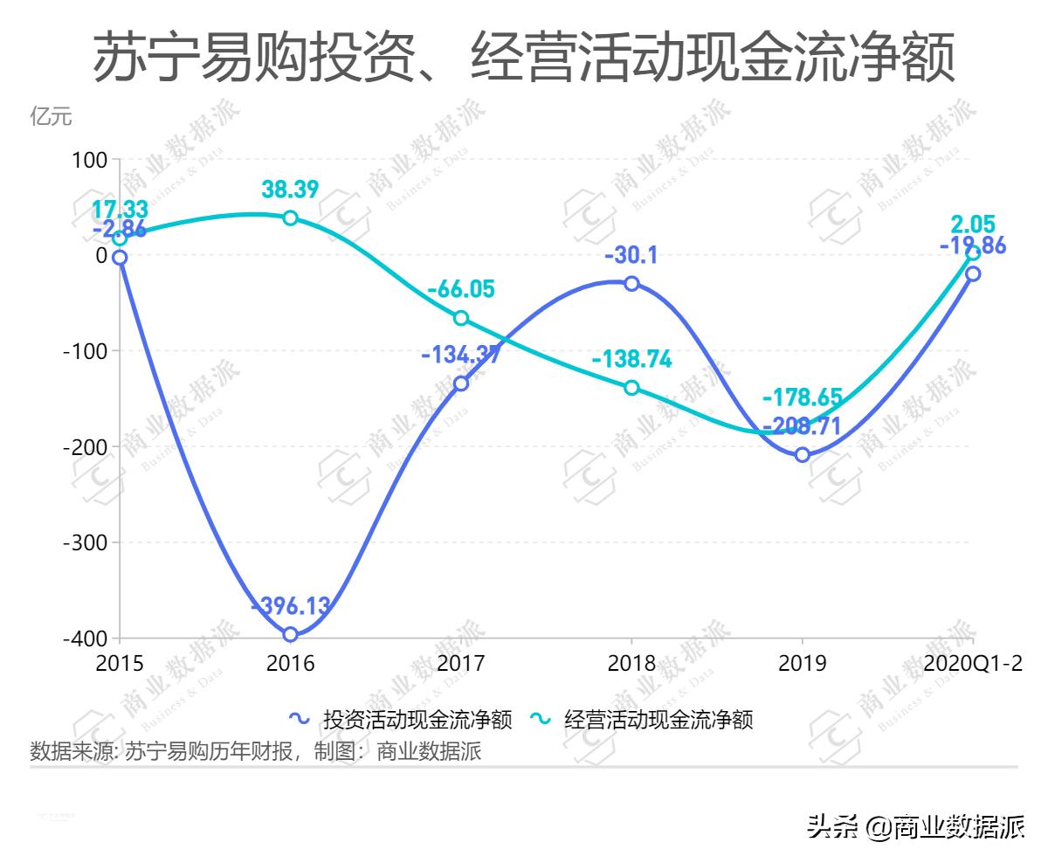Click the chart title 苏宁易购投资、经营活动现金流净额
point(524,59)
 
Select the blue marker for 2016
point(290,634)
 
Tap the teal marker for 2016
point(290,217)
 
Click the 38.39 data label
point(290,189)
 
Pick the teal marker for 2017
point(461,318)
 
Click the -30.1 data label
point(631,255)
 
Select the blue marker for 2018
point(631,283)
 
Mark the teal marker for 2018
point(631,388)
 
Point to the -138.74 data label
point(631,359)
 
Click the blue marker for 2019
point(803,454)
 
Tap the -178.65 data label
point(803,397)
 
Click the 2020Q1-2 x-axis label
point(974,664)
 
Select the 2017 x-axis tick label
point(461,664)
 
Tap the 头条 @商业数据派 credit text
point(915,825)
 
